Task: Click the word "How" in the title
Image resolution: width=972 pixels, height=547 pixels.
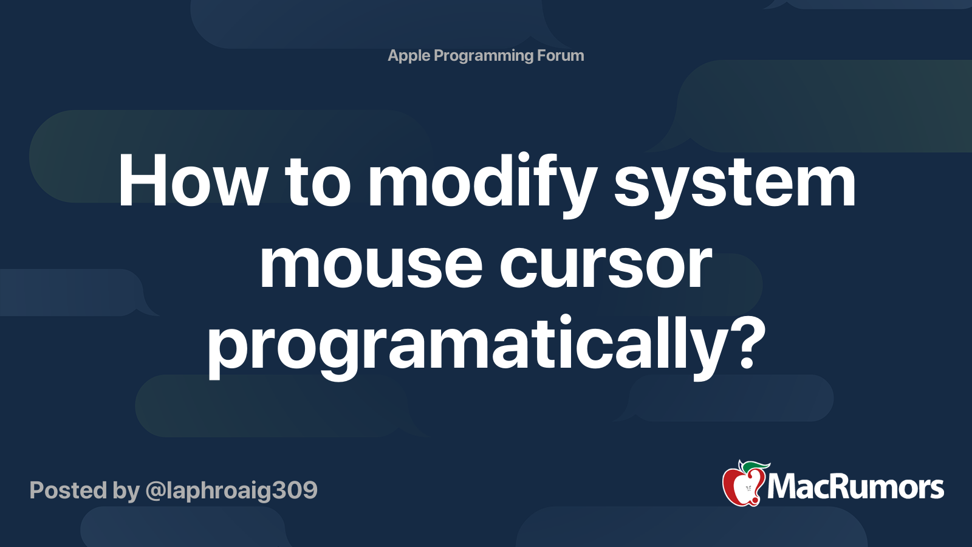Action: tap(193, 181)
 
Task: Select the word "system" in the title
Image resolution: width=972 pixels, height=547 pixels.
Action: tap(734, 181)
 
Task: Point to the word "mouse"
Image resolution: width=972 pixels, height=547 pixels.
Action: tap(371, 265)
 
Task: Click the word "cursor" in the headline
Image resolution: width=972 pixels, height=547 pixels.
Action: tap(605, 265)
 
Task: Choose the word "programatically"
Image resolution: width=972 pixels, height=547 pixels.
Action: tap(467, 344)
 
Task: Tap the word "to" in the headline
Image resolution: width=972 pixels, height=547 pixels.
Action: tap(317, 181)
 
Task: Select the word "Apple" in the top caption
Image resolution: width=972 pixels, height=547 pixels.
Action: tap(409, 56)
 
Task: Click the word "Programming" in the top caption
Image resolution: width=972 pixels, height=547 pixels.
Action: tap(484, 56)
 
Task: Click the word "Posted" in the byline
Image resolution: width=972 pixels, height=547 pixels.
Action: tap(68, 490)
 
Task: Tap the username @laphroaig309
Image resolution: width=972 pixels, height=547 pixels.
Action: tap(231, 490)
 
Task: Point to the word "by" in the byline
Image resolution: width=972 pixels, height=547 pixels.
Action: tap(126, 490)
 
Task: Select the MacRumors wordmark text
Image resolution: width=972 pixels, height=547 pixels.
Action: tap(855, 487)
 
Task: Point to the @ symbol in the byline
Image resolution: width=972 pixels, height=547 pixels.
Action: tap(156, 490)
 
